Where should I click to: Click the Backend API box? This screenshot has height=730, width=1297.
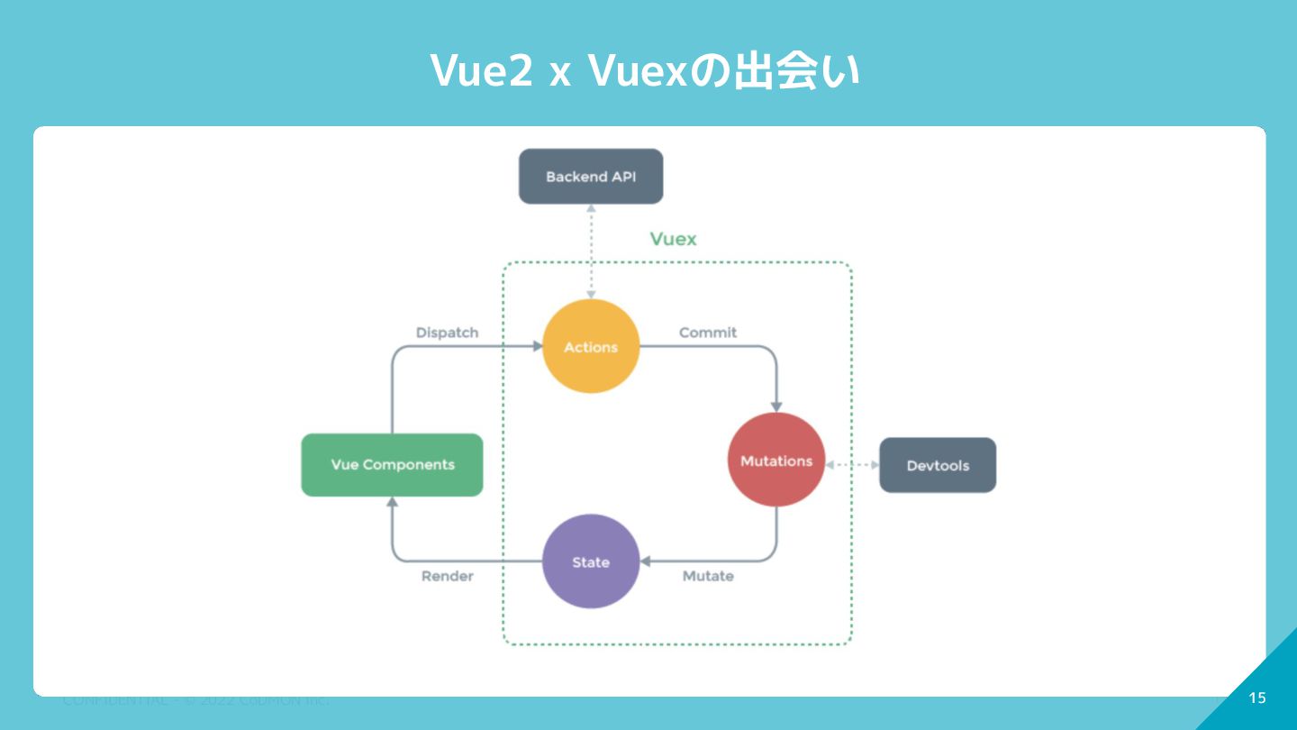click(x=591, y=177)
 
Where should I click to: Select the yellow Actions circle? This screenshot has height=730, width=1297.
click(x=591, y=347)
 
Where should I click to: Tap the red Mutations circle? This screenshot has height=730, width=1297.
click(x=775, y=461)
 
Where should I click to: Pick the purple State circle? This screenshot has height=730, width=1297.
click(x=591, y=561)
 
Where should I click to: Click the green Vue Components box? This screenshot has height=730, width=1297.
click(x=392, y=465)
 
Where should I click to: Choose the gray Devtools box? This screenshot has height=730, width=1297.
click(x=938, y=466)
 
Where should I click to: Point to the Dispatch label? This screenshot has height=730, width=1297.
click(x=447, y=333)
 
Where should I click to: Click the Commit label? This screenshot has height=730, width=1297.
click(x=708, y=333)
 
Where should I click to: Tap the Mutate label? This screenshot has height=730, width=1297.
click(x=708, y=576)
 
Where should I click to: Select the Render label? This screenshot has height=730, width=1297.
click(x=447, y=576)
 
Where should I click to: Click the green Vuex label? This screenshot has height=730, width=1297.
click(x=674, y=239)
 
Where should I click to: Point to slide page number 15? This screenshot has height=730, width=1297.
click(x=1257, y=698)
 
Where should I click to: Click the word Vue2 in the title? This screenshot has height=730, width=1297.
click(x=481, y=71)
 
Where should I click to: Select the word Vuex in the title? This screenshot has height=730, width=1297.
click(x=638, y=71)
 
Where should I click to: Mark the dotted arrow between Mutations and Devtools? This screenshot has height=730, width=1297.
click(x=852, y=465)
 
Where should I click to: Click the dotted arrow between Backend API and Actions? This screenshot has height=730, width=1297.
click(x=591, y=251)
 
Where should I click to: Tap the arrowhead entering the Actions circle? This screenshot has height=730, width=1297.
click(x=537, y=346)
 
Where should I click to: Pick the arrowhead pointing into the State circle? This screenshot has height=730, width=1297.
click(x=644, y=561)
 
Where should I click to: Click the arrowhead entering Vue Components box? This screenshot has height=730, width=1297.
click(x=392, y=502)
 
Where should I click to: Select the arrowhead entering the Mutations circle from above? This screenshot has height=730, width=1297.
click(x=776, y=406)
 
